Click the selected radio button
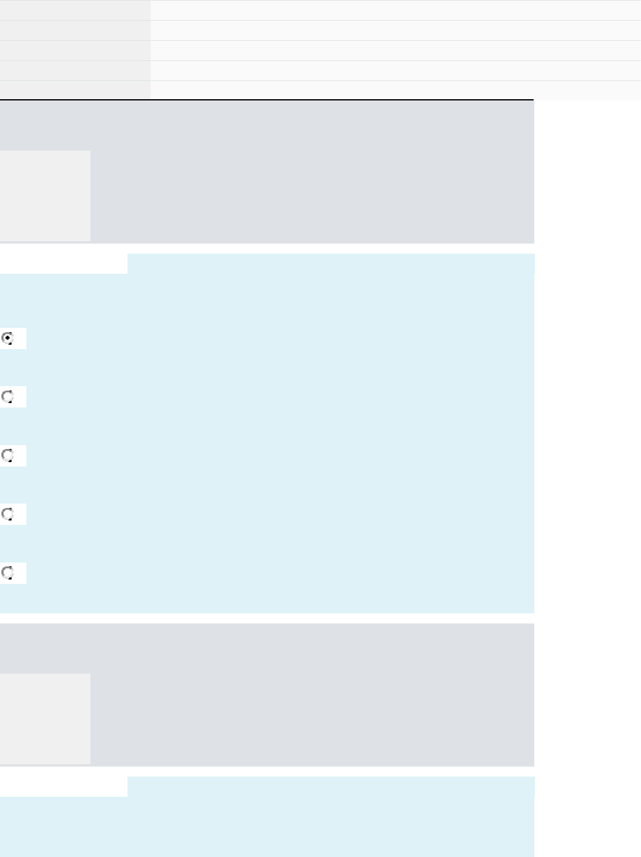(8, 338)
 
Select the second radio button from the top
(8, 397)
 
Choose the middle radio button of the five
(8, 456)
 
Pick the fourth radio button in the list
(8, 514)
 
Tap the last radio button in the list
(8, 573)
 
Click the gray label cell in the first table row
(75, 10)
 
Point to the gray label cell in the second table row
(75, 30)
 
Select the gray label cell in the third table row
(75, 50)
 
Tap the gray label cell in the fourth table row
(75, 70)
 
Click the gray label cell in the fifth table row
(75, 90)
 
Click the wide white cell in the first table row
(396, 10)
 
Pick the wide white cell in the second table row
(396, 30)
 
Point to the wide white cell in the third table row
(396, 50)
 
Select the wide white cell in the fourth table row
(396, 70)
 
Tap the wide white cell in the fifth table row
(396, 90)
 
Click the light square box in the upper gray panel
(45, 195)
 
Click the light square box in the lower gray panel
(45, 718)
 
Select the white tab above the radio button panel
(63, 264)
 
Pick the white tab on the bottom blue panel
(63, 787)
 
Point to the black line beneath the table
(267, 100)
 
